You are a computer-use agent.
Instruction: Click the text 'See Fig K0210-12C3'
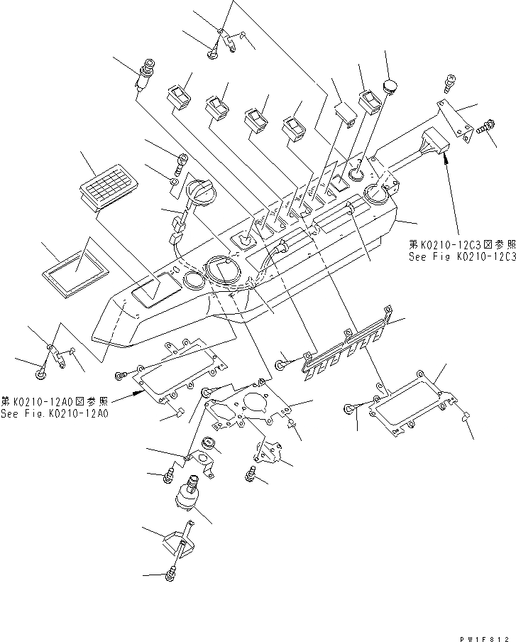[x=461, y=256]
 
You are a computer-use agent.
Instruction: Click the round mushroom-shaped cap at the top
[x=390, y=87]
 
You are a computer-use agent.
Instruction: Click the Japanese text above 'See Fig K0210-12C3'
[x=461, y=244]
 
